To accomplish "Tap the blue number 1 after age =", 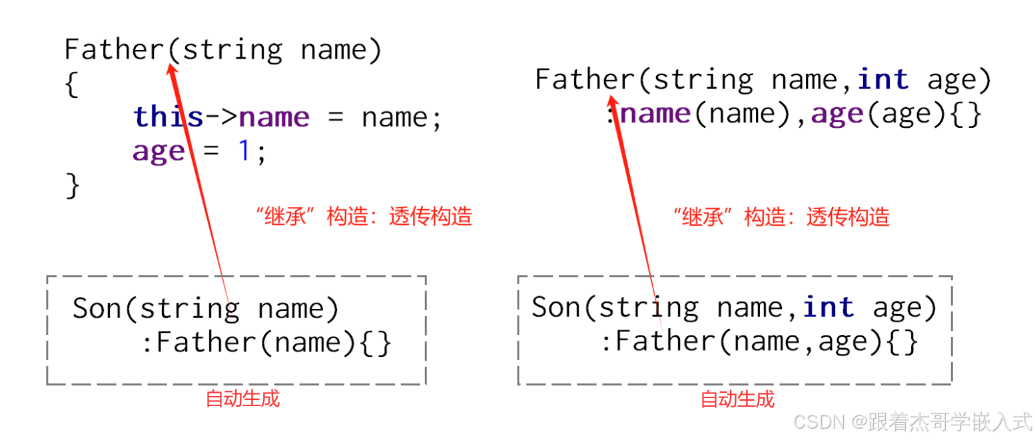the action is (x=244, y=152).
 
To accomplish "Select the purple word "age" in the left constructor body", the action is (x=159, y=152).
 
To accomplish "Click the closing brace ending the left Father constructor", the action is (x=73, y=186).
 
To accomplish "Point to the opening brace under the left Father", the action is (x=72, y=85).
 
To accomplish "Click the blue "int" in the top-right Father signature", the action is (x=883, y=80).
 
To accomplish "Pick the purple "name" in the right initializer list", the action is (x=656, y=114).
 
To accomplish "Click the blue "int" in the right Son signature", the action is (x=829, y=307).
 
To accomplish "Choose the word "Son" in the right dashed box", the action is (x=557, y=307).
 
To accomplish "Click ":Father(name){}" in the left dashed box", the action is (x=266, y=343).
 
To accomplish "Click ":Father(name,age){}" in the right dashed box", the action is (x=759, y=342).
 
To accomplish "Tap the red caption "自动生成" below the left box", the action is (x=242, y=399).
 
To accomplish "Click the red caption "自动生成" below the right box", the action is (x=737, y=399).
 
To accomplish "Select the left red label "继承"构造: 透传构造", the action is (x=364, y=217).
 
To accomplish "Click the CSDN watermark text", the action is (x=912, y=421).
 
